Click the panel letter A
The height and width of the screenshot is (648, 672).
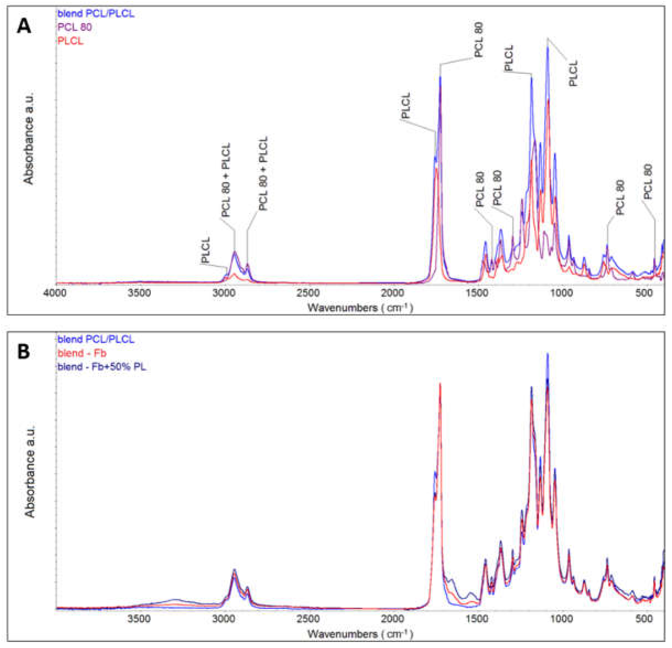point(24,26)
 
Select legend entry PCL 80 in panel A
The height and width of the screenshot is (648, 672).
point(75,27)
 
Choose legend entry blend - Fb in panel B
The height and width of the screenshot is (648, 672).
point(82,353)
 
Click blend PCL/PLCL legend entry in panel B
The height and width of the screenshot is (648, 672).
point(96,339)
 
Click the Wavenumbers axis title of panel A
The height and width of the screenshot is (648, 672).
point(360,307)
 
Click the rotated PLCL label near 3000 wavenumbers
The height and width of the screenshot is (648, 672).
point(205,250)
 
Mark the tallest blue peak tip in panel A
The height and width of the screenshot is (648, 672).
point(548,48)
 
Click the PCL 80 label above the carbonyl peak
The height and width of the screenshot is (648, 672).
point(479,39)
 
